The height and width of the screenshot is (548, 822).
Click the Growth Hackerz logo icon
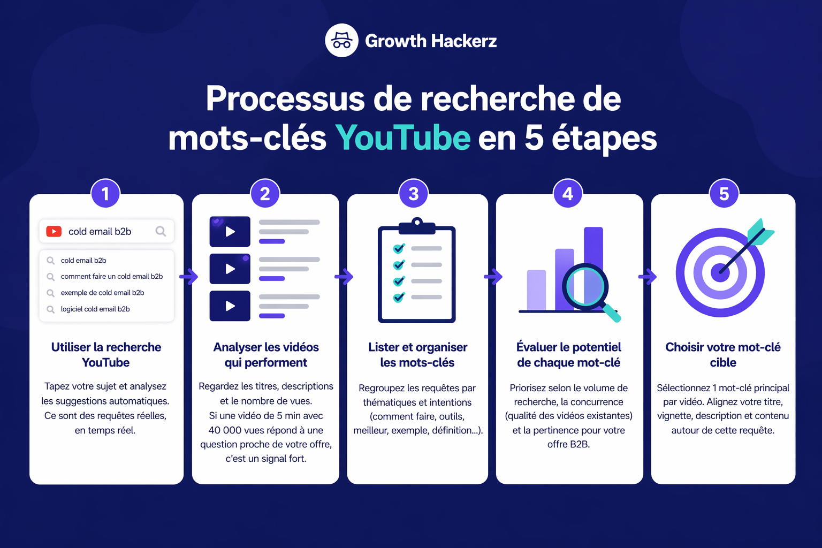[341, 41]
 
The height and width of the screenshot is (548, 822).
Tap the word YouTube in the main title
[403, 138]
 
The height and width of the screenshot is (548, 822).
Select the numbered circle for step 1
[105, 194]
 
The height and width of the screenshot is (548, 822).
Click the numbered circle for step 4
[568, 194]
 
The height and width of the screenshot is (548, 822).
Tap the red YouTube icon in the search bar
[54, 231]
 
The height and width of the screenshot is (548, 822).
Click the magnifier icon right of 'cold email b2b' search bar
[161, 231]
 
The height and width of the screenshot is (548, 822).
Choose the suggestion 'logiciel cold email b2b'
[95, 309]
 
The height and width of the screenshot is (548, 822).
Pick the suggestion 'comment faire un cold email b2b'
[111, 277]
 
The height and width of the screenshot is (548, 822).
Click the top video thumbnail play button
[230, 232]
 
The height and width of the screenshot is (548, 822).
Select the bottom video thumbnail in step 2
[230, 306]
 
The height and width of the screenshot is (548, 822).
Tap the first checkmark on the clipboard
[399, 248]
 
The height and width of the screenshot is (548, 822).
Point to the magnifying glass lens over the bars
[585, 287]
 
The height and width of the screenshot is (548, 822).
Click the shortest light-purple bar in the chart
[536, 290]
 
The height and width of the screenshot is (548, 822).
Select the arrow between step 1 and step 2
[188, 277]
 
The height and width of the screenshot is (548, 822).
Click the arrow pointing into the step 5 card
[647, 277]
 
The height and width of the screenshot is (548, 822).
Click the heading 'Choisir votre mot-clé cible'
[723, 354]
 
